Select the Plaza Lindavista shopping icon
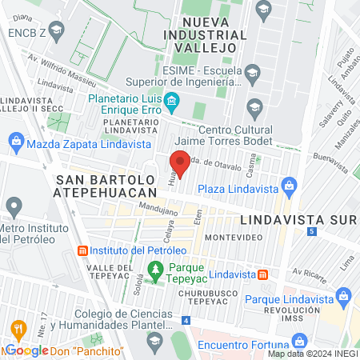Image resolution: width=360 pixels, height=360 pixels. click(289, 188)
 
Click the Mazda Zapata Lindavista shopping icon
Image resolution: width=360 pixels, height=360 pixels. click(15, 144)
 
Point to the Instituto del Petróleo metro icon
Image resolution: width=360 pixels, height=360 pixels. click(82, 251)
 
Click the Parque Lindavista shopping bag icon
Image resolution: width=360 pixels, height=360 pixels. click(344, 298)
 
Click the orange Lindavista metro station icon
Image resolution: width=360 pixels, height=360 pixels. click(262, 274)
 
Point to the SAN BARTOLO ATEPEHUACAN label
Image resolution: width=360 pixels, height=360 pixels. click(105, 186)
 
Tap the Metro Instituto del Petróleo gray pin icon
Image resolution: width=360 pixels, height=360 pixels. click(12, 208)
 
